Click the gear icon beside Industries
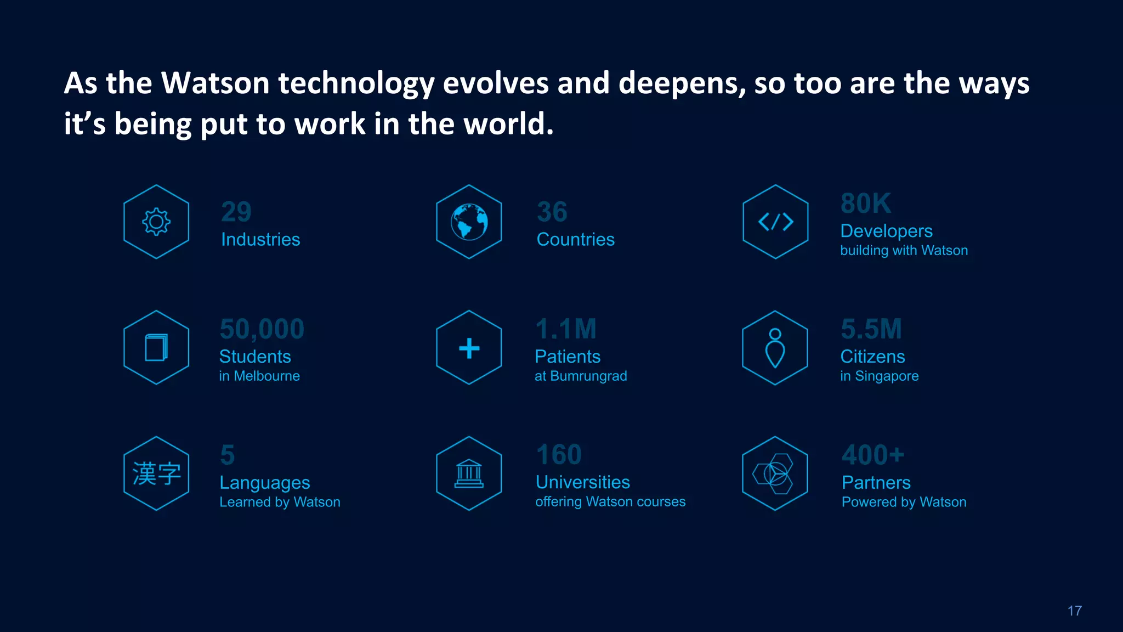[x=156, y=222]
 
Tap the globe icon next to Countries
[x=469, y=222]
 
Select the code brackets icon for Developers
[x=775, y=222]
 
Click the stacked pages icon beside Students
[x=156, y=348]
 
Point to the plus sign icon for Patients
[x=469, y=348]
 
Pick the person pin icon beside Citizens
[x=775, y=348]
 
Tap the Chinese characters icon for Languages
[x=156, y=473]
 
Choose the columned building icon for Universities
[x=469, y=473]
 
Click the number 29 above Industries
[x=236, y=212]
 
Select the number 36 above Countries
[x=552, y=212]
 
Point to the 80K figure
[x=866, y=204]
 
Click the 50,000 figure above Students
[x=262, y=329]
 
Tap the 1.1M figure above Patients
[x=566, y=329]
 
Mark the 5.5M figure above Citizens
[x=871, y=329]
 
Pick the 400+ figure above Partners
[x=873, y=455]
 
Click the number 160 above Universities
[x=559, y=455]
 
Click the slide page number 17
[x=1075, y=611]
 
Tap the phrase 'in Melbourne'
[x=259, y=376]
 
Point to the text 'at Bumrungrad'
[x=581, y=376]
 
